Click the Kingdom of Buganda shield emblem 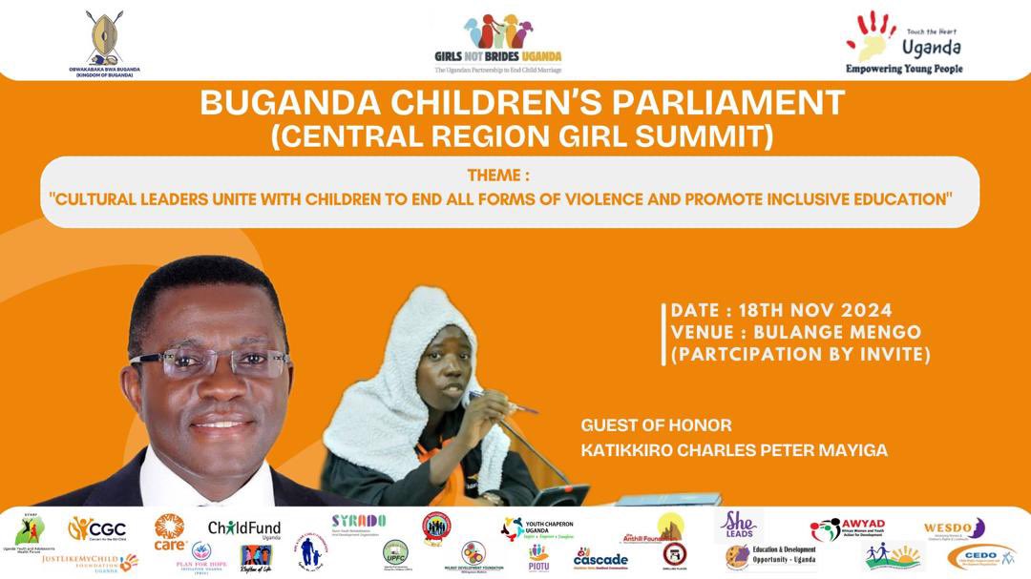[x=104, y=37]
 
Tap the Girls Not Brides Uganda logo [x=497, y=43]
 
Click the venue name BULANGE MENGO [x=837, y=332]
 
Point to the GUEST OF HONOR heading [x=656, y=425]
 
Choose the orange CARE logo [x=170, y=531]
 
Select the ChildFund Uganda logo [x=244, y=529]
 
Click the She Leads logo [x=738, y=526]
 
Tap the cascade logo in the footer [x=600, y=558]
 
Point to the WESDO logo [x=954, y=527]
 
